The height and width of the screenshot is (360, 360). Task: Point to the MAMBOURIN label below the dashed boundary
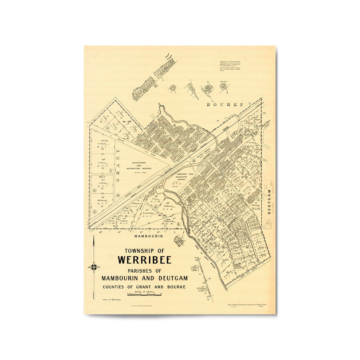pos(148,236)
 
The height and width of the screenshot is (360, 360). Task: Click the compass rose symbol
pos(94,266)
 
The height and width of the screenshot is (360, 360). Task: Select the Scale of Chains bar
pos(145,295)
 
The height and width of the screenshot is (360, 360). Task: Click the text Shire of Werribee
pos(111,300)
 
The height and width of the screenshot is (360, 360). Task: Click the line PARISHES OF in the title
pos(144,270)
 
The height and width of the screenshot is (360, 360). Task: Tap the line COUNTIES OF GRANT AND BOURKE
pos(144,287)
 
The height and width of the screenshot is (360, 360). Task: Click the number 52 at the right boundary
pos(264,113)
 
